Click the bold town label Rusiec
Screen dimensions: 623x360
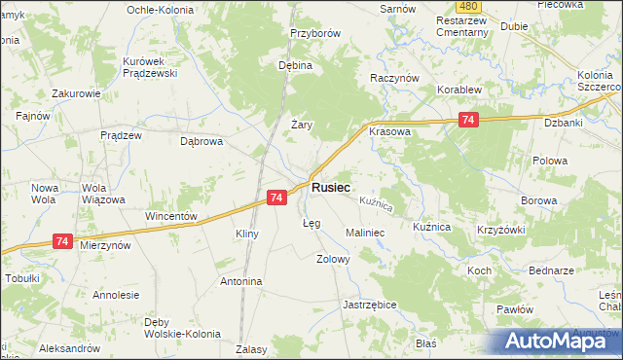[x=331, y=187]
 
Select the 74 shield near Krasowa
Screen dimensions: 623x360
[x=469, y=119]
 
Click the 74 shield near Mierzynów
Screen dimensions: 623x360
[x=62, y=240]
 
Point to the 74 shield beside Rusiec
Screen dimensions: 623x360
[x=275, y=198]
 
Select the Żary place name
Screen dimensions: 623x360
[x=301, y=124]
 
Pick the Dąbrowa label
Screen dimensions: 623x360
[x=202, y=140]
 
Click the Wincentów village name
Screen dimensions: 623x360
[x=171, y=216]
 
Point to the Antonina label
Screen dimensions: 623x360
[x=241, y=281]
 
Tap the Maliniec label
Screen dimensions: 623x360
[x=366, y=234]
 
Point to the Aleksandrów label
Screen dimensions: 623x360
[x=70, y=347]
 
